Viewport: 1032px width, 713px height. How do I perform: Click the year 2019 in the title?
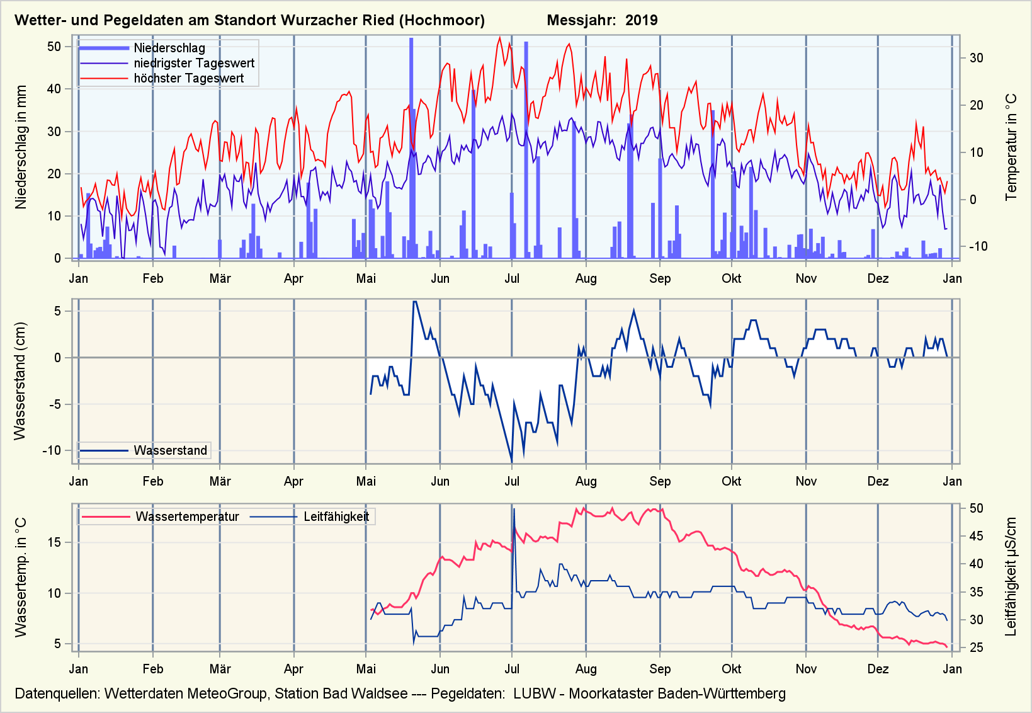(x=641, y=20)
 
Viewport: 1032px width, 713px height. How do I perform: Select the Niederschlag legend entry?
(x=169, y=48)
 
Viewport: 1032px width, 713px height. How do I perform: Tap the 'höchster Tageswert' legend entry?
(x=188, y=78)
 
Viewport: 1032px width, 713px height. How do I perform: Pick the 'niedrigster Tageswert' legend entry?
(x=194, y=63)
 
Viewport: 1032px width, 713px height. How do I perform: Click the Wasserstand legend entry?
(x=170, y=450)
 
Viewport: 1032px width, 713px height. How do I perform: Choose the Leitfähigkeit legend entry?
(x=336, y=517)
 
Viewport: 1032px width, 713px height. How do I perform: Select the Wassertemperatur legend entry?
(x=187, y=517)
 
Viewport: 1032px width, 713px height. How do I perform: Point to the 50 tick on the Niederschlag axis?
(x=54, y=47)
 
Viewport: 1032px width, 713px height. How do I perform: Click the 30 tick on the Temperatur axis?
(x=976, y=58)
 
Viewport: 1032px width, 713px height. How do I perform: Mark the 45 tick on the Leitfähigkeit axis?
(x=976, y=536)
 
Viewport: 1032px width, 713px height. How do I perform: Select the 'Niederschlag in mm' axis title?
(x=21, y=147)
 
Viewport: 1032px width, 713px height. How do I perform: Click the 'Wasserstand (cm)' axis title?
(x=20, y=381)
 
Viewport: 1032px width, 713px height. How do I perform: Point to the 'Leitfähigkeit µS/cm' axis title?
(x=1011, y=577)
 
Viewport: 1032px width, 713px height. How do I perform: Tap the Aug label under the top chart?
(x=586, y=278)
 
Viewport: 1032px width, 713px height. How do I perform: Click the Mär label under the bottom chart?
(x=220, y=669)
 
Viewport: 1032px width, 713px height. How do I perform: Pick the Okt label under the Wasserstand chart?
(x=731, y=481)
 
